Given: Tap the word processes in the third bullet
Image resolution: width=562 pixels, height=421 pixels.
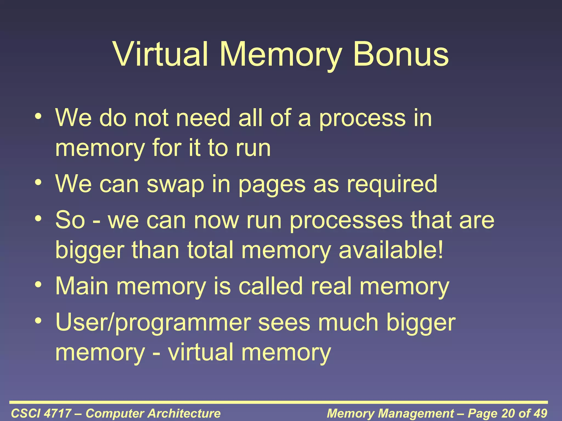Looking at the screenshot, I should click(346, 221).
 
